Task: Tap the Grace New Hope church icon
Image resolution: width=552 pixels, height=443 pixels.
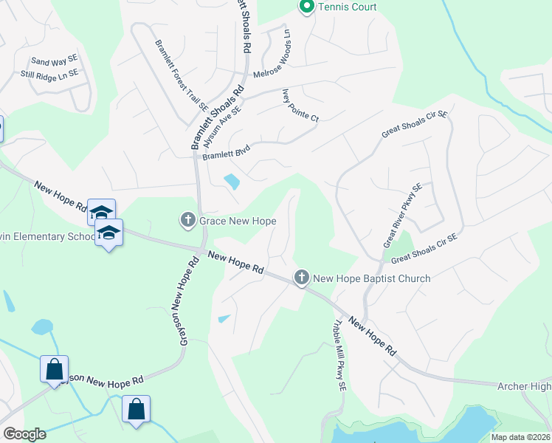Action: click(187, 220)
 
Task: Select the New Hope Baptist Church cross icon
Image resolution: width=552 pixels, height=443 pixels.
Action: click(301, 278)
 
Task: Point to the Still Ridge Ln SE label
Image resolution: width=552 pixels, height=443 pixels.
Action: click(49, 74)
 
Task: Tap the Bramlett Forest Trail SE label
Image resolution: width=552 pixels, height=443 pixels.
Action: click(182, 75)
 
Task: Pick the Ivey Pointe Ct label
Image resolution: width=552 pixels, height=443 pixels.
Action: click(300, 106)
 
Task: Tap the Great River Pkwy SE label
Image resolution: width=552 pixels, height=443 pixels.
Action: click(402, 216)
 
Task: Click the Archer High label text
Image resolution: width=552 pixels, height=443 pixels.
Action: click(524, 386)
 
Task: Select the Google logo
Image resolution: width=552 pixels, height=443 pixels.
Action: click(24, 434)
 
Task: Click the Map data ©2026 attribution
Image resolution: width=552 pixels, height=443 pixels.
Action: click(520, 437)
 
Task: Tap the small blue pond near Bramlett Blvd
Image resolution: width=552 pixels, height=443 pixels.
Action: click(231, 181)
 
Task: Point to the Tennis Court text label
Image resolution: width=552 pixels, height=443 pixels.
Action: click(347, 7)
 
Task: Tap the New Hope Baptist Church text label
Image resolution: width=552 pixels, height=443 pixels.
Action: click(372, 278)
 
